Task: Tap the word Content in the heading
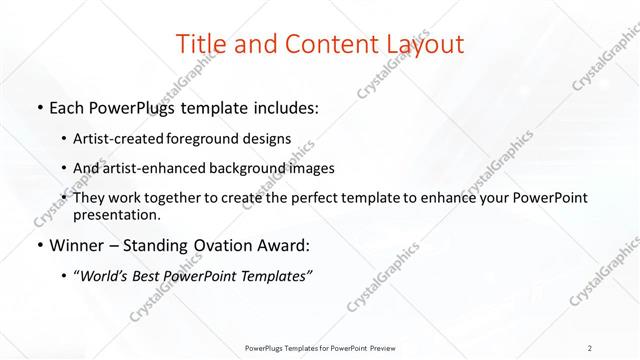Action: pyautogui.click(x=322, y=44)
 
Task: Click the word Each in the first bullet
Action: pyautogui.click(x=69, y=107)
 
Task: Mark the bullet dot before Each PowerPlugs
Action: pyautogui.click(x=39, y=108)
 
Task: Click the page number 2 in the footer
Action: pyautogui.click(x=591, y=347)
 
